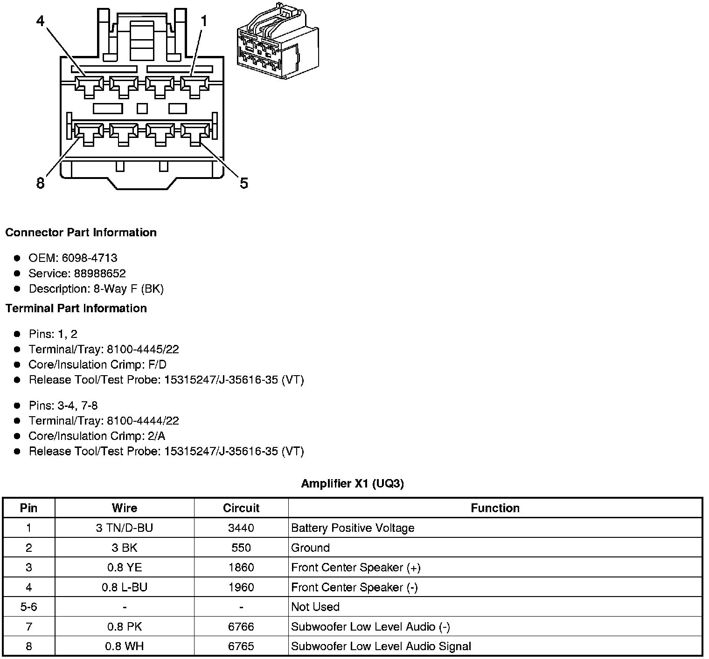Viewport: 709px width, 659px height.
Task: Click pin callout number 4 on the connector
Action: [41, 21]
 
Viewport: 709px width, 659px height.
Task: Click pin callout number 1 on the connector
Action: [204, 21]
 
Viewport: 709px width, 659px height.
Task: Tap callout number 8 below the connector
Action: [41, 183]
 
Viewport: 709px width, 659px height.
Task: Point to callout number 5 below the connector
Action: [244, 183]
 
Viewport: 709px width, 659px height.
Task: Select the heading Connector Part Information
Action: [81, 233]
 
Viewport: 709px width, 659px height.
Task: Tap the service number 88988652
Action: [100, 274]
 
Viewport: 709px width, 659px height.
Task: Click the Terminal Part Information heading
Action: [76, 309]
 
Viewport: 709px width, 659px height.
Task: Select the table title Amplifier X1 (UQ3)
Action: [353, 483]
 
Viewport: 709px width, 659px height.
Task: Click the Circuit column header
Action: [241, 508]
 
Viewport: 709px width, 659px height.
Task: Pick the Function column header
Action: [495, 508]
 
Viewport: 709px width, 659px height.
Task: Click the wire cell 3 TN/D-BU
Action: [125, 528]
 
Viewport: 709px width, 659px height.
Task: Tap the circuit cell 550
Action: [241, 548]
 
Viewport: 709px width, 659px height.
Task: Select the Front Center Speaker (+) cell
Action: [356, 568]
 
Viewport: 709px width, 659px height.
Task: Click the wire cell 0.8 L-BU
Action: [125, 587]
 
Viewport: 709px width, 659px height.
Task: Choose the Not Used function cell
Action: [315, 607]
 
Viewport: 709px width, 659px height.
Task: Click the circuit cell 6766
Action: [241, 627]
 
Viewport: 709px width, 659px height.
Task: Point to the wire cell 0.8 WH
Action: [125, 646]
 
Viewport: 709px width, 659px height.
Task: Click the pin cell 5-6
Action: [29, 607]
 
